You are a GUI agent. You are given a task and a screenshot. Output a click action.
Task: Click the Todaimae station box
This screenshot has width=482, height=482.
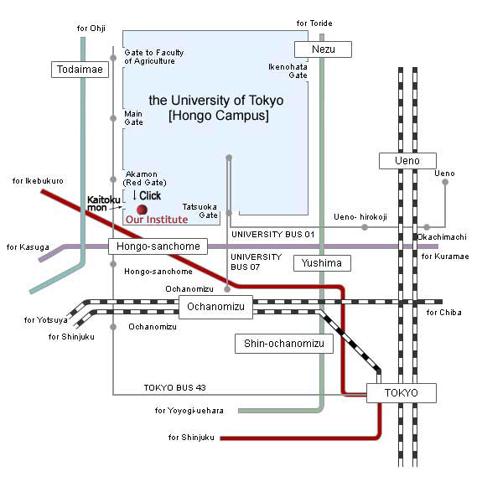pyautogui.click(x=80, y=70)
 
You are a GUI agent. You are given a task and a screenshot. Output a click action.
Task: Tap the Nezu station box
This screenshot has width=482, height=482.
pyautogui.click(x=323, y=49)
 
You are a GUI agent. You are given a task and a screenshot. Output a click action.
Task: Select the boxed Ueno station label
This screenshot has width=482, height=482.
pyautogui.click(x=407, y=161)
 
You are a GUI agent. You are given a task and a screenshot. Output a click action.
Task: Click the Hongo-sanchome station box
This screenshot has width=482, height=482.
pyautogui.click(x=158, y=246)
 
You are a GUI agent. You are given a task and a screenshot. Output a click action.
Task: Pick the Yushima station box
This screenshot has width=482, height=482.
pyautogui.click(x=322, y=263)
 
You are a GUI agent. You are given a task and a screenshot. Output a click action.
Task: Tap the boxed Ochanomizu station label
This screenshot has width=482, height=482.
pyautogui.click(x=215, y=307)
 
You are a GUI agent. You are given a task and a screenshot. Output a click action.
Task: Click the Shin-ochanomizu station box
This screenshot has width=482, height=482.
pyautogui.click(x=284, y=344)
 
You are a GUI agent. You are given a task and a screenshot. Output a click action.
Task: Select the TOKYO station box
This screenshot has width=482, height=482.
pyautogui.click(x=402, y=393)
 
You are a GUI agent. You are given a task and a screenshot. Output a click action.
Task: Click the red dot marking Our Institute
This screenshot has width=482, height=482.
pyautogui.click(x=142, y=210)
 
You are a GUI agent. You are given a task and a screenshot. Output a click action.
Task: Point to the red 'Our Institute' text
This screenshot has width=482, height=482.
pyautogui.click(x=157, y=220)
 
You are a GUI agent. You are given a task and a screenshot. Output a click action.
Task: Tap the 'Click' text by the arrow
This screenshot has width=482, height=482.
pyautogui.click(x=150, y=195)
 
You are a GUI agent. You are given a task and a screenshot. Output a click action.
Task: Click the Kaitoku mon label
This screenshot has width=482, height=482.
pyautogui.click(x=104, y=204)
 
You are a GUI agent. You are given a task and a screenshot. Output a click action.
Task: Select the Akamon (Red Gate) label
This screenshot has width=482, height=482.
pyautogui.click(x=144, y=179)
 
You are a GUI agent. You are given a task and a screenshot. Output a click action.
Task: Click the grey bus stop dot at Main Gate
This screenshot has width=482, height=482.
pyautogui.click(x=113, y=118)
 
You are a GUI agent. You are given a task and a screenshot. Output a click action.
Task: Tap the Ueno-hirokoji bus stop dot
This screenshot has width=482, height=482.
pyautogui.click(x=365, y=227)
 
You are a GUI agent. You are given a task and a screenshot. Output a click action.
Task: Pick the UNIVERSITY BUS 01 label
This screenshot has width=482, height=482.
pyautogui.click(x=273, y=235)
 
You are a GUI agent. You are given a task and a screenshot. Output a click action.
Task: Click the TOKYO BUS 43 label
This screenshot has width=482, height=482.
pyautogui.click(x=175, y=387)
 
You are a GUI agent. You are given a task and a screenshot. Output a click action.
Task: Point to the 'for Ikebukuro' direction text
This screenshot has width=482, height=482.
pyautogui.click(x=38, y=181)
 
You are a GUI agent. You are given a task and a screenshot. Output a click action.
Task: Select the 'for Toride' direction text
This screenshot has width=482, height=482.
pyautogui.click(x=314, y=23)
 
